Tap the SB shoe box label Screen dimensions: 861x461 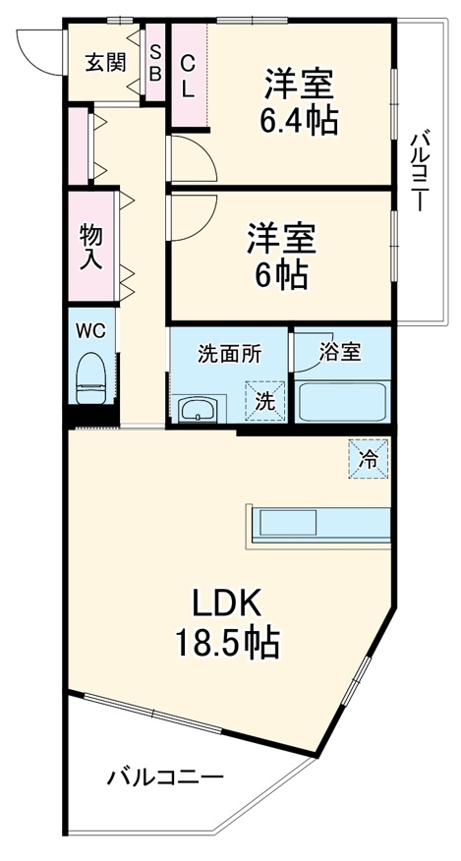[x=155, y=61]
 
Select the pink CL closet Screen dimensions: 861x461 [x=188, y=75]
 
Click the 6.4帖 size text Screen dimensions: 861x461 [x=299, y=120]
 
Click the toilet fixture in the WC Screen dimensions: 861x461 [x=90, y=377]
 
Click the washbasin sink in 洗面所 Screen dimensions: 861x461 [x=200, y=409]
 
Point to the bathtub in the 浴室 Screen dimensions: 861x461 [x=341, y=402]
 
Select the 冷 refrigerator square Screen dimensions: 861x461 [x=369, y=458]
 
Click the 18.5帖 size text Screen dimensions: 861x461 [x=227, y=644]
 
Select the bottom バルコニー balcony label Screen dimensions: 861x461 [x=164, y=777]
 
